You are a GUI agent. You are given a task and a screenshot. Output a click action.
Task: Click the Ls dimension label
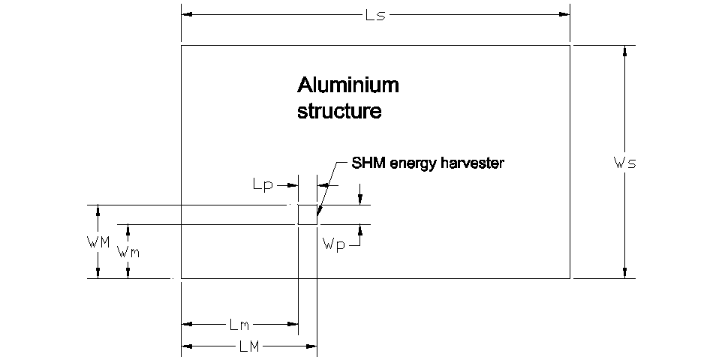coord(375,14)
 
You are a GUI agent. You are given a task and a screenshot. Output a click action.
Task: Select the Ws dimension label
coord(624,163)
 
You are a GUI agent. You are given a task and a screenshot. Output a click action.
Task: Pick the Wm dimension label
coord(128,252)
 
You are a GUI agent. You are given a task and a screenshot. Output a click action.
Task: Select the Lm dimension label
coord(239,325)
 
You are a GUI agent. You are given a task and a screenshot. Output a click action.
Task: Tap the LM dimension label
coord(249,346)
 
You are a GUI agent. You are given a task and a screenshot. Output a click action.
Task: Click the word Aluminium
coord(348,85)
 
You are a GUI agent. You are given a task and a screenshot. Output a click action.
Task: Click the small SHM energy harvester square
coord(308,214)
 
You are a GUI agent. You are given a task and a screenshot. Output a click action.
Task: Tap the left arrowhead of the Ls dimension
coord(186,14)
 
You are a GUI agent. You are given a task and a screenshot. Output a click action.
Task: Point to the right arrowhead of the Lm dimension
coord(293,325)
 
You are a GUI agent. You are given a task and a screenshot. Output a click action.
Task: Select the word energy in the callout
coord(413,163)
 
